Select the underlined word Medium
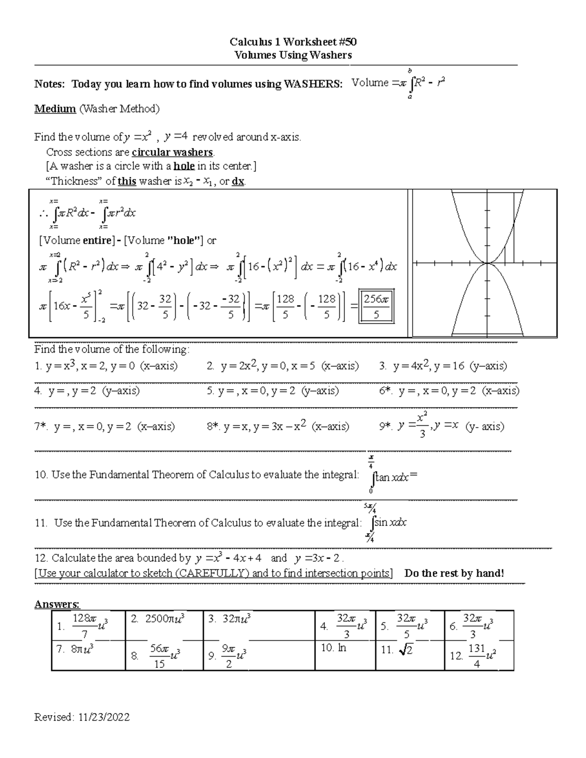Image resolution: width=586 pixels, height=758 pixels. (x=55, y=108)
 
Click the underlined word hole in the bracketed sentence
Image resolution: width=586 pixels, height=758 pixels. (x=184, y=166)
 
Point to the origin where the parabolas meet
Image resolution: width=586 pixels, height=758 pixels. (x=488, y=263)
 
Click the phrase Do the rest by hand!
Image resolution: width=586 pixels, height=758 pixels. (x=454, y=573)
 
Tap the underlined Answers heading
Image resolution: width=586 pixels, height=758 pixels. (x=57, y=604)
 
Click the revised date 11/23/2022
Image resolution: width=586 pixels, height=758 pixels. (x=102, y=717)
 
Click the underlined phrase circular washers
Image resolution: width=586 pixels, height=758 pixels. (x=172, y=152)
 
